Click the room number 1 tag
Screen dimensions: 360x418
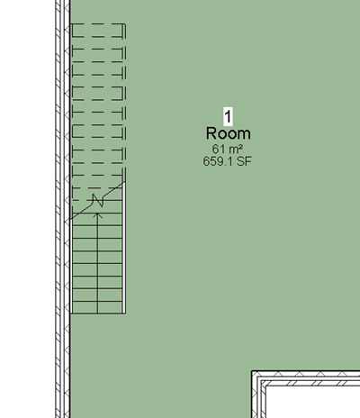click(228, 116)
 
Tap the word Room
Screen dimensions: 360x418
click(229, 133)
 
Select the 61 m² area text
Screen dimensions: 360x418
click(228, 149)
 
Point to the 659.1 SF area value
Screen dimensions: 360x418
click(228, 161)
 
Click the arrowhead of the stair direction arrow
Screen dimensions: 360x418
click(97, 215)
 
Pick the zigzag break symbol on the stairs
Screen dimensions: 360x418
click(98, 200)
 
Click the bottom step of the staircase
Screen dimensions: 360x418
click(97, 307)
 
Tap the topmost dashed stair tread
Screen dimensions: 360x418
click(97, 31)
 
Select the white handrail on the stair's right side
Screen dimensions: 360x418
click(123, 248)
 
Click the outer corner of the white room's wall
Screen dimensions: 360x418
click(252, 371)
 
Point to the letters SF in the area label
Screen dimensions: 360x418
click(244, 161)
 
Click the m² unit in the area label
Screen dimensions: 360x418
click(235, 149)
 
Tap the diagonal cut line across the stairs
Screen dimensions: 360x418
click(97, 201)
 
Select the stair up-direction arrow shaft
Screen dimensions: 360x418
click(97, 264)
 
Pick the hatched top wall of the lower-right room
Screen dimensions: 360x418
click(306, 378)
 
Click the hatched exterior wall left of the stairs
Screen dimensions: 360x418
click(63, 209)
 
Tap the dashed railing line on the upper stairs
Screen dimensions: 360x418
click(125, 102)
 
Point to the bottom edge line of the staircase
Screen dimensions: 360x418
click(98, 313)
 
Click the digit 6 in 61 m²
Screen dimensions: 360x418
click(215, 150)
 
